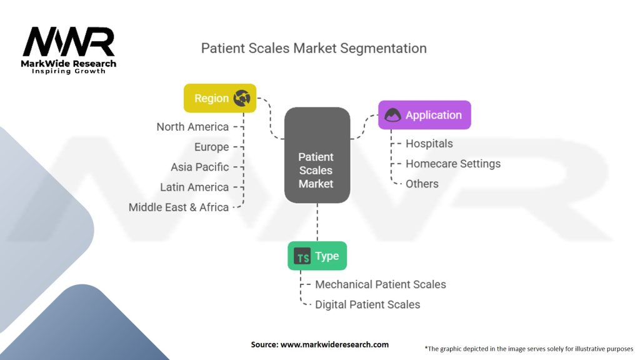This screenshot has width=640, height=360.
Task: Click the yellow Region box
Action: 220,98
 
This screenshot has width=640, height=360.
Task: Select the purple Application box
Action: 424,115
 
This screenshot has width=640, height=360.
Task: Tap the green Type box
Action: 317,256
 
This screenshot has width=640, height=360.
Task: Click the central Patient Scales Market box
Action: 317,155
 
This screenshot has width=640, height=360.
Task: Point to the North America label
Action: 192,127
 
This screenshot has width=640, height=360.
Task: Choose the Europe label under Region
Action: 211,147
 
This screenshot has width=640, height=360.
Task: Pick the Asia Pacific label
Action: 199,167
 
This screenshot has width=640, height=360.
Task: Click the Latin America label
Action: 194,187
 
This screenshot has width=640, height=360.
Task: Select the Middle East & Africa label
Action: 179,207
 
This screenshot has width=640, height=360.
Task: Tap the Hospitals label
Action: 429,144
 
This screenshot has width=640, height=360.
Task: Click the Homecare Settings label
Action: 453,164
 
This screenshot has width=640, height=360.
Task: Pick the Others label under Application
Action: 422,184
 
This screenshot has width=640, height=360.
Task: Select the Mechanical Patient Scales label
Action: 381,284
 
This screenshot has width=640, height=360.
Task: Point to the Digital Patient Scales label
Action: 367,304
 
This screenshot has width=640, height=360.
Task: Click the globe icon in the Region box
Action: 242,98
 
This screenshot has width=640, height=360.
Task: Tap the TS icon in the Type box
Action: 302,256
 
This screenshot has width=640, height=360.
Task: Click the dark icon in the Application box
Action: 392,115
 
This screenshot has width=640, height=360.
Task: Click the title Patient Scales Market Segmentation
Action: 314,48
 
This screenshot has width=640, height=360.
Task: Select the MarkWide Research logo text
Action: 69,64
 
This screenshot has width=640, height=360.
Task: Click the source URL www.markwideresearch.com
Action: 334,344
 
